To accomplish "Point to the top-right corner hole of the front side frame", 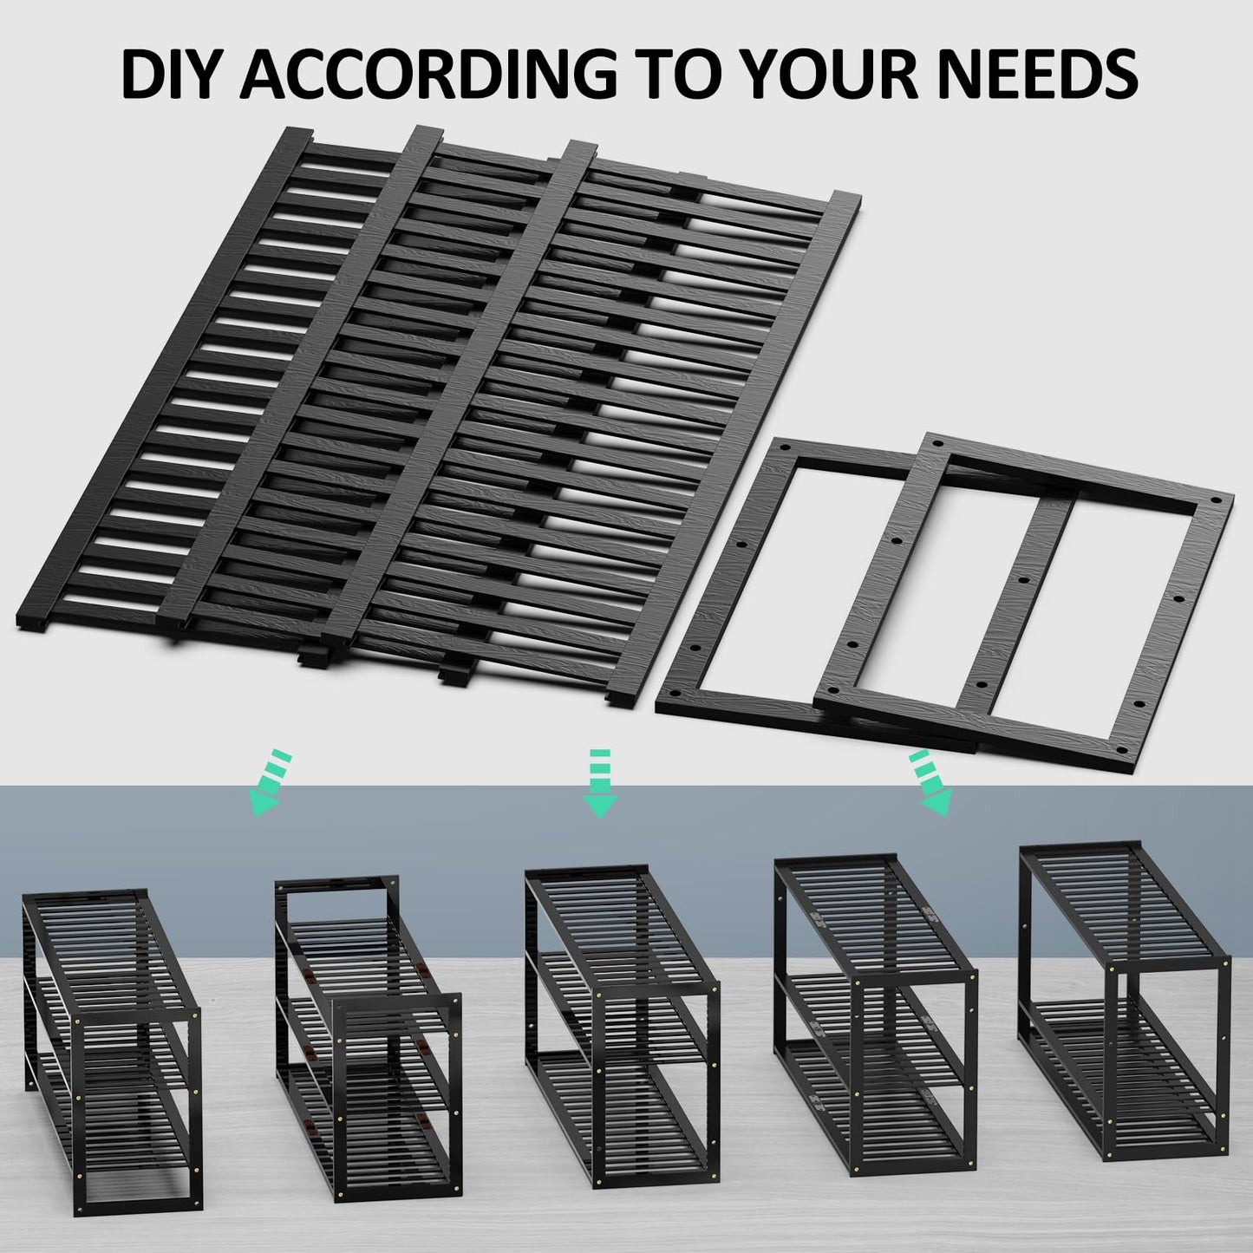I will point(1219,502).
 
